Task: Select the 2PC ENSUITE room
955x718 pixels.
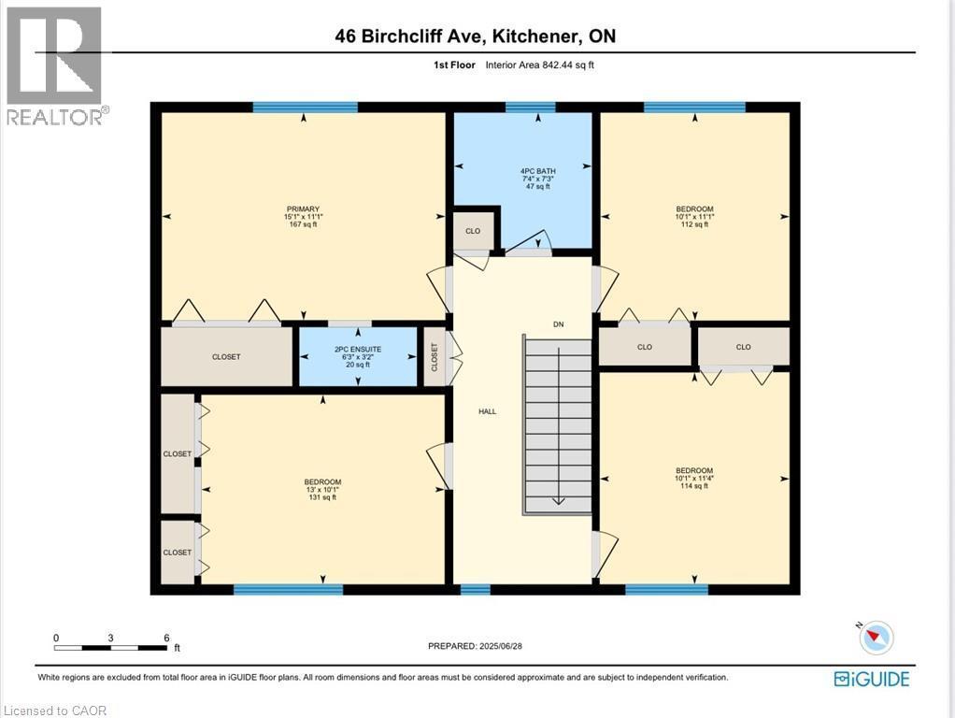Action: point(358,356)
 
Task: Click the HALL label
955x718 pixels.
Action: point(488,410)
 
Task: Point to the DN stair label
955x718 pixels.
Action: point(558,324)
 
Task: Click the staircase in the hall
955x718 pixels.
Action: point(557,425)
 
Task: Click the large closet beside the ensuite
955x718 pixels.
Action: point(226,356)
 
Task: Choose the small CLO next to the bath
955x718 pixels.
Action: point(473,231)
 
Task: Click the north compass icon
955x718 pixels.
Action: point(876,637)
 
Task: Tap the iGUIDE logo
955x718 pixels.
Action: point(871,679)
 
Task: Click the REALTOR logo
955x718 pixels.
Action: point(54,65)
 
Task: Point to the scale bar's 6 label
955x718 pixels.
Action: point(166,639)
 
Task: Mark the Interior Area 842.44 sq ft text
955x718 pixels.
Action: point(540,65)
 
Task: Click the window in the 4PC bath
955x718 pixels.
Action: point(531,107)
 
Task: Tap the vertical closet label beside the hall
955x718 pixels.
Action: point(435,356)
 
